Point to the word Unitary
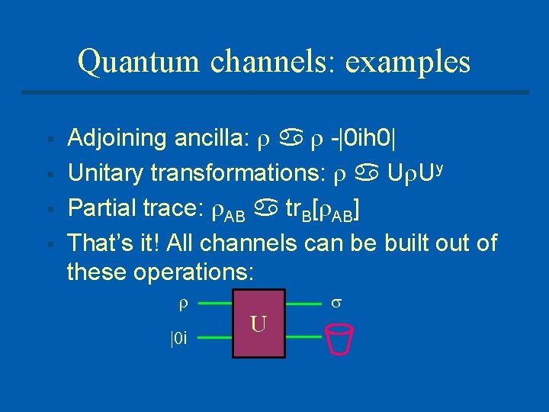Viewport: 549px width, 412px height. pyautogui.click(x=106, y=174)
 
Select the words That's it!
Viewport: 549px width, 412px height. pyautogui.click(x=115, y=243)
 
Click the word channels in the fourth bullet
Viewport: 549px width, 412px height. pyautogui.click(x=352, y=243)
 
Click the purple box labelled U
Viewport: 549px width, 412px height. pyautogui.click(x=258, y=323)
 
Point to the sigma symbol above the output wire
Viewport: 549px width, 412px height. pyautogui.click(x=335, y=304)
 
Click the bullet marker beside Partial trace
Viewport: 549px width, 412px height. pyautogui.click(x=49, y=210)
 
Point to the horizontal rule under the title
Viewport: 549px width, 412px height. pyautogui.click(x=274, y=92)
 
